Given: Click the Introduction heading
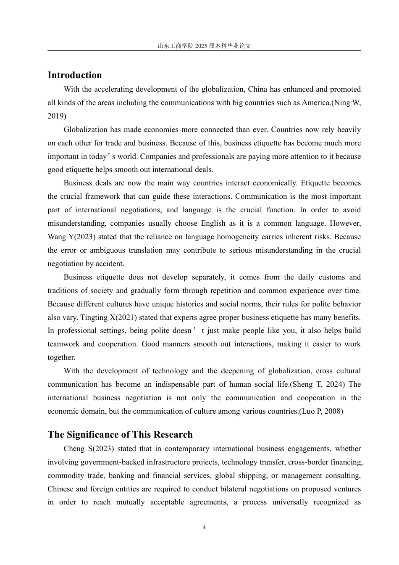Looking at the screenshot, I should click(75, 75).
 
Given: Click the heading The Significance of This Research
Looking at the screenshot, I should click(120, 435).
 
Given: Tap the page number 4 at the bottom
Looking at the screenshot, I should click(204, 528).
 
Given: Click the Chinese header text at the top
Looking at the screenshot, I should click(204, 46).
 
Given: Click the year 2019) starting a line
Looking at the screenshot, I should click(57, 116).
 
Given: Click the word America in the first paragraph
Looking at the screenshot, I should click(315, 103).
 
